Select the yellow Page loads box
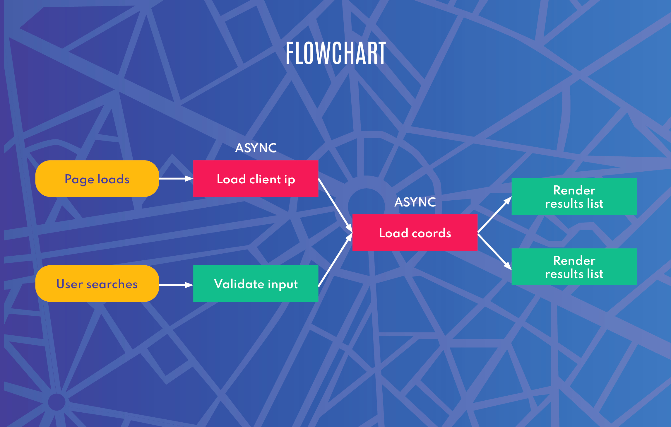(x=97, y=179)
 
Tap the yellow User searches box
(x=97, y=283)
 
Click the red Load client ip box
(x=256, y=179)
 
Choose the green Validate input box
(x=256, y=283)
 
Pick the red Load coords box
(x=415, y=233)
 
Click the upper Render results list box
(x=574, y=197)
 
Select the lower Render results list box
(x=574, y=267)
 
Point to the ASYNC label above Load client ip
(x=256, y=148)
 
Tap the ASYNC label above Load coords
(x=415, y=202)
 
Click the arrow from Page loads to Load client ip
(x=176, y=178)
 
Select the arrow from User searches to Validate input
(x=176, y=285)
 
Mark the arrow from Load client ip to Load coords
(x=335, y=205)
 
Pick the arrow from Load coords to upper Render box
(x=494, y=215)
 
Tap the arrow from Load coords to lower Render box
(x=494, y=251)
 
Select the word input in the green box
(x=283, y=284)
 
